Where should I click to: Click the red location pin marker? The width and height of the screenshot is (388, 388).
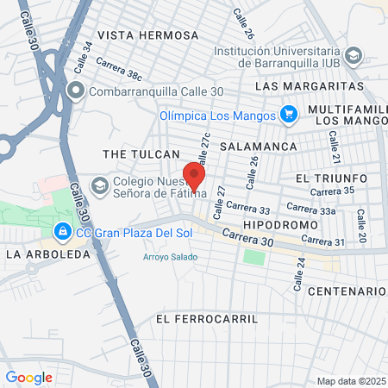click(x=195, y=175)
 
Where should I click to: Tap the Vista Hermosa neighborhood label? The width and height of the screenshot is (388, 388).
click(x=147, y=35)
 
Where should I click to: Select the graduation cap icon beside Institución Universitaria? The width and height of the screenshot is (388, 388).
click(x=353, y=56)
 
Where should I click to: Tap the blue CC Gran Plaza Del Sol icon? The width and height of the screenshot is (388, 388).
click(x=62, y=232)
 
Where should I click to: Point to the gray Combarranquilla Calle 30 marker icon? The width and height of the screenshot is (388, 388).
click(x=76, y=90)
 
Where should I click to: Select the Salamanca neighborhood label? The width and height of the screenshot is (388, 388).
click(x=259, y=147)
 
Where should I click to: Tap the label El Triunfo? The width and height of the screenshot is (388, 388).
click(x=331, y=178)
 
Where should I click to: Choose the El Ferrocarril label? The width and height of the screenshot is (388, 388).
click(x=208, y=318)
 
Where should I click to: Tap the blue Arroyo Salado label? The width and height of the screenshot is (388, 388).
click(x=170, y=257)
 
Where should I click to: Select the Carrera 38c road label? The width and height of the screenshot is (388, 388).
click(x=119, y=70)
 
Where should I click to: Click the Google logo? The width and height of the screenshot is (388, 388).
click(x=28, y=377)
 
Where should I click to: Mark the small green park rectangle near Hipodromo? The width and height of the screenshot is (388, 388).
click(x=253, y=257)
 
